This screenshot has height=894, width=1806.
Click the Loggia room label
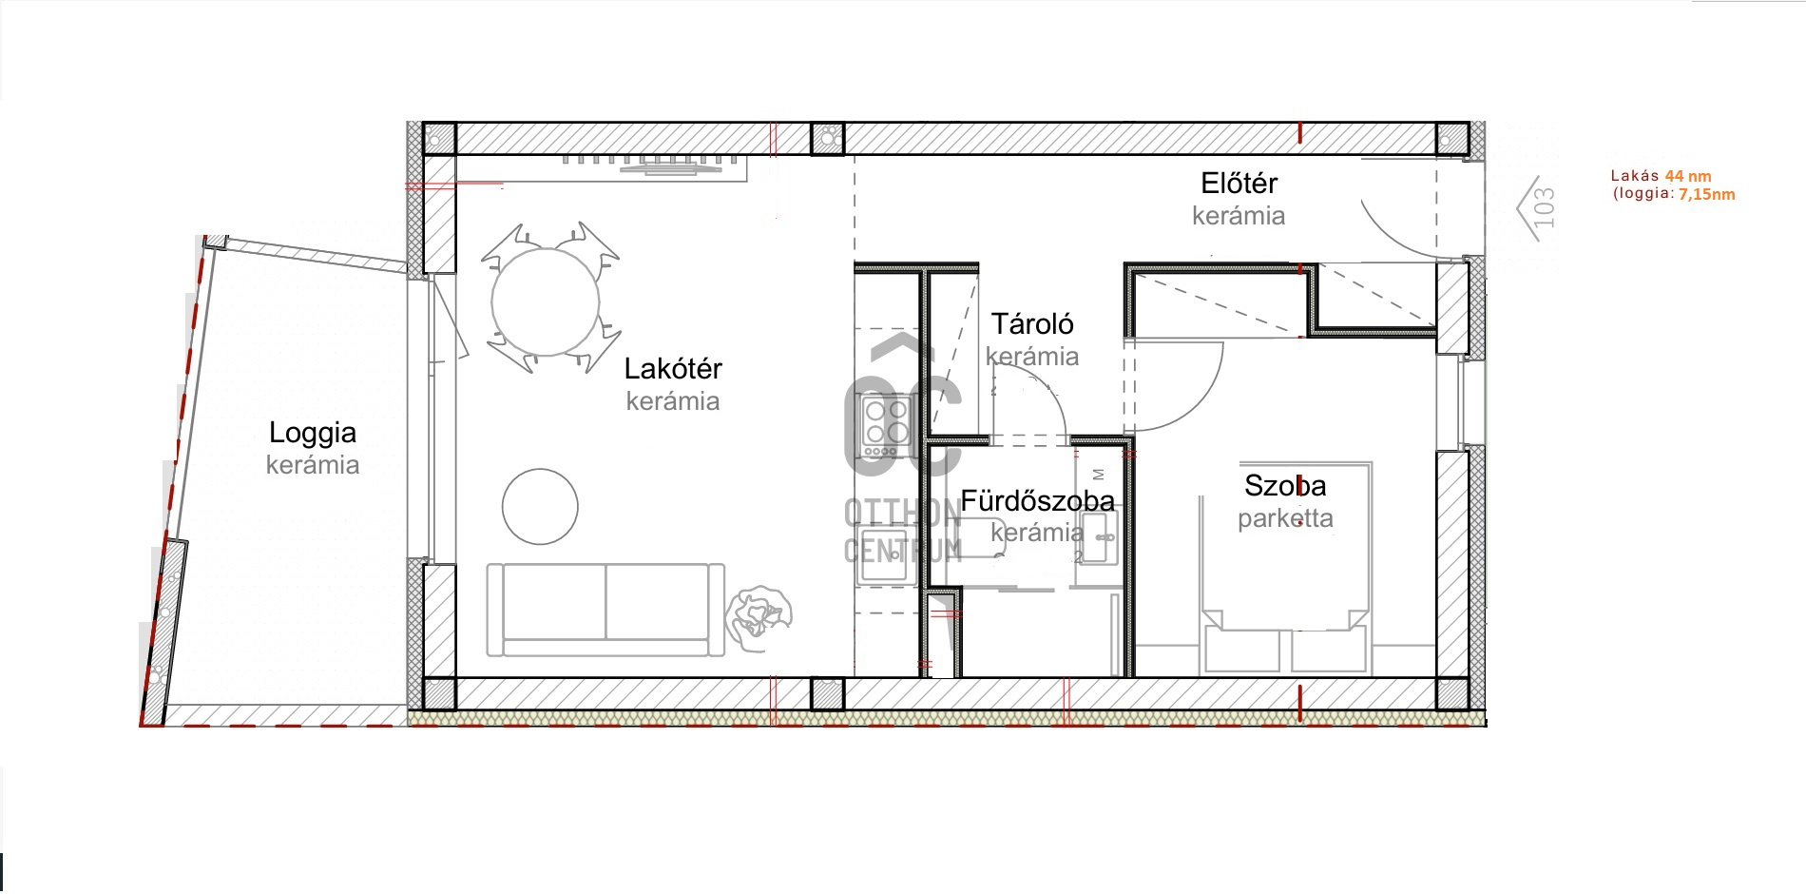313,433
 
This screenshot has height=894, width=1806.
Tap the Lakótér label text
673,369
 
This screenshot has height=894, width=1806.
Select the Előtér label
1239,183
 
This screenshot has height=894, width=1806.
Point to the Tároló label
1032,324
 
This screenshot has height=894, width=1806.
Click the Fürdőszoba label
1037,501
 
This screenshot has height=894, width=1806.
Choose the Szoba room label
1285,486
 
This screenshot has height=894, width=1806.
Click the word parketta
1285,519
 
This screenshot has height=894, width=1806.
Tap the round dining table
546,302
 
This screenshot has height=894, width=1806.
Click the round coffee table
540,507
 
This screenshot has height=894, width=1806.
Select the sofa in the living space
605,610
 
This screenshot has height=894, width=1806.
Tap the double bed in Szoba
1285,568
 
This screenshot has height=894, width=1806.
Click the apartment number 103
1545,207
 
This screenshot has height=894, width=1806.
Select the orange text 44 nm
1688,176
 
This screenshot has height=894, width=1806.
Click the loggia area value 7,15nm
1707,194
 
